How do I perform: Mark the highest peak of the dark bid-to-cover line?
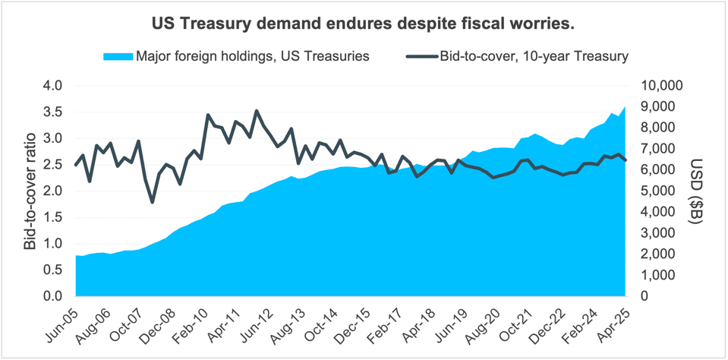257,111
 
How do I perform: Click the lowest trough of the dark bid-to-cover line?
153,202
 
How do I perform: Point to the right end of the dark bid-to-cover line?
626,160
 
